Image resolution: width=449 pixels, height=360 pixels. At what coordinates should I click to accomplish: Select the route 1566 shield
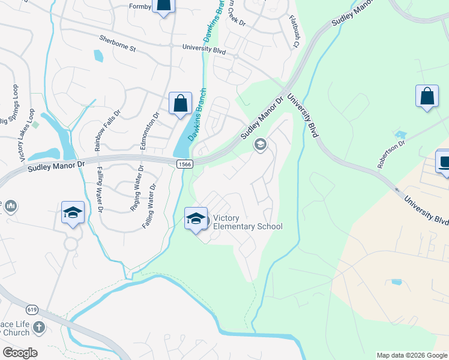(x=184, y=163)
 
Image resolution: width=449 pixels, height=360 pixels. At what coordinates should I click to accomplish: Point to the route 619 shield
(x=32, y=310)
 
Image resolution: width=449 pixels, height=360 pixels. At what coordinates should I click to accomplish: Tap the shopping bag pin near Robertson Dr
(x=427, y=97)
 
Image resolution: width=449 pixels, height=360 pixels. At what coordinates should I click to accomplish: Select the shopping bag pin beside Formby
(x=163, y=6)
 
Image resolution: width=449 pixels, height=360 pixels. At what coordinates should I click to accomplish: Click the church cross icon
(x=38, y=328)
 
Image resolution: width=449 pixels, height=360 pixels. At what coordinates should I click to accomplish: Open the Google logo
(x=20, y=353)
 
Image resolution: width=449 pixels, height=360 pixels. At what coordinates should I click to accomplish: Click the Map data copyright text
(x=412, y=355)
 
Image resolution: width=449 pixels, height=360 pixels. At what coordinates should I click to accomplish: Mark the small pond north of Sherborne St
(x=98, y=56)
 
